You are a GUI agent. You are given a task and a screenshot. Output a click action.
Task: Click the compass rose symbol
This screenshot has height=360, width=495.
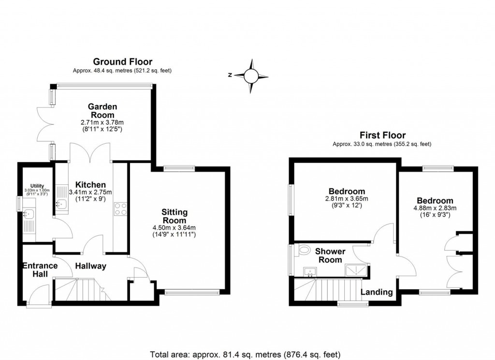pyautogui.click(x=251, y=75)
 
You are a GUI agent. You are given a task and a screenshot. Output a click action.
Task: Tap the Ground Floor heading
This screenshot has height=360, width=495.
pyautogui.click(x=122, y=61)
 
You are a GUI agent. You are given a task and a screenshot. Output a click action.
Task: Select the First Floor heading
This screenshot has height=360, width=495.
pyautogui.click(x=382, y=135)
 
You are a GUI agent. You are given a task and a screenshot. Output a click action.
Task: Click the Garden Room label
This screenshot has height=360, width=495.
pyautogui.click(x=102, y=111)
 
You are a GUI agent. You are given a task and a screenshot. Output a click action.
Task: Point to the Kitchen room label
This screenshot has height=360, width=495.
pyautogui.click(x=87, y=185)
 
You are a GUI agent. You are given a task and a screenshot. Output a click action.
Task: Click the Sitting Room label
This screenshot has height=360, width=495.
pyautogui.click(x=175, y=216)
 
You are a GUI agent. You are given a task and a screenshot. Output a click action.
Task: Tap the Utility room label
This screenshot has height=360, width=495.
pyautogui.click(x=37, y=186)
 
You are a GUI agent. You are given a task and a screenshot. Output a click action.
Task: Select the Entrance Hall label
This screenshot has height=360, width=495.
pyautogui.click(x=40, y=270)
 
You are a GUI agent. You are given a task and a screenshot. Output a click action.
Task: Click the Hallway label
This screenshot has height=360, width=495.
pyautogui.click(x=90, y=266)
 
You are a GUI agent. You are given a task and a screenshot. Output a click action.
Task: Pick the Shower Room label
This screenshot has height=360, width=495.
pyautogui.click(x=330, y=255)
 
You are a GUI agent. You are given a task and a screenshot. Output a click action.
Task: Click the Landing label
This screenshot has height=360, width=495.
pyautogui.click(x=377, y=292)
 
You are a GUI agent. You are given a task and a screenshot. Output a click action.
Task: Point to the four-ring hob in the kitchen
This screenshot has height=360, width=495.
pyautogui.click(x=120, y=209)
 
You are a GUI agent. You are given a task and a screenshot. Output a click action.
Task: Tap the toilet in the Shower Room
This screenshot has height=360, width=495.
pyautogui.click(x=304, y=250)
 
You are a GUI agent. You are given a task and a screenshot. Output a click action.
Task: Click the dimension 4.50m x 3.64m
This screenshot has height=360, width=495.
pyautogui.click(x=175, y=228)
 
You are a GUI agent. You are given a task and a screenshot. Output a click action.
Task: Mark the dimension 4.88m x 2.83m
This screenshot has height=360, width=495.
pyautogui.click(x=435, y=209)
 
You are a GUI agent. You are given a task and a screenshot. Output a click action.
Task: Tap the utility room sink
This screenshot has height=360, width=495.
pyautogui.click(x=28, y=213)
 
